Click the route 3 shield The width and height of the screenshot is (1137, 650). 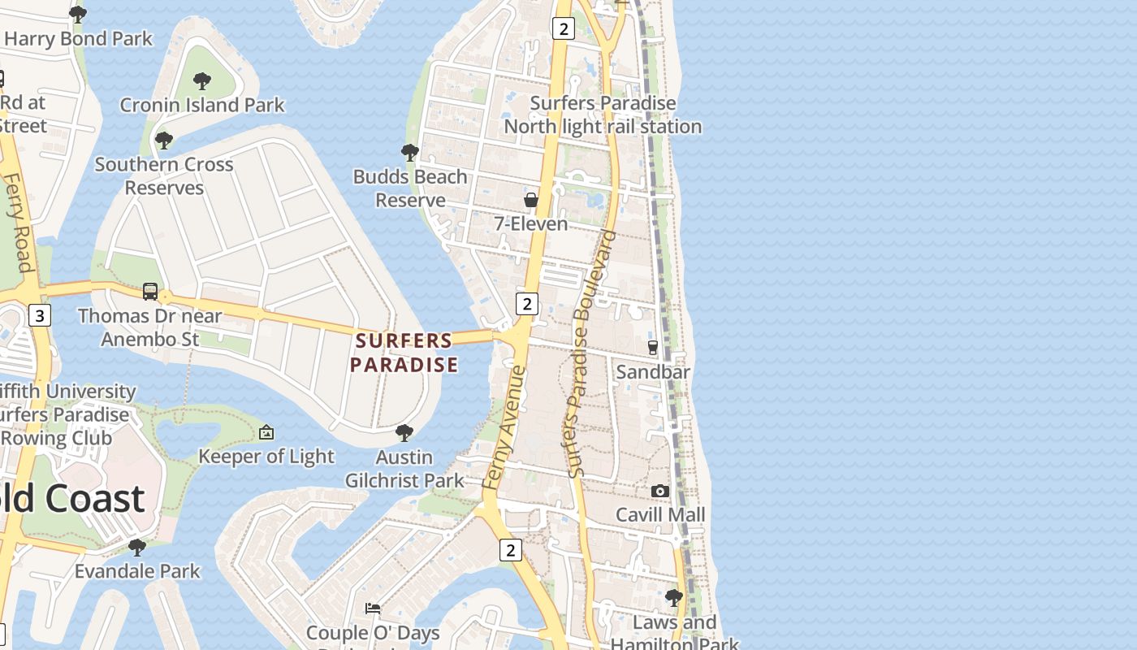point(39,314)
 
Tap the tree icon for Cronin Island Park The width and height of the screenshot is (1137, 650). point(202,81)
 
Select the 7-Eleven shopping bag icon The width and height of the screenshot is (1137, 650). point(531,200)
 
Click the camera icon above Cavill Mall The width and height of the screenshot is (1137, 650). point(660,491)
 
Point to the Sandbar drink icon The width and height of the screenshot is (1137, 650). point(652,348)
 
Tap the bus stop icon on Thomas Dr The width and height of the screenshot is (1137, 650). point(150,292)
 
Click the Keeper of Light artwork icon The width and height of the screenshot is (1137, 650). point(266,433)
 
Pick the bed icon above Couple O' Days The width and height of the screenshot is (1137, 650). point(373,608)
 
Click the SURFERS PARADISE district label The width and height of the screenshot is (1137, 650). point(404,353)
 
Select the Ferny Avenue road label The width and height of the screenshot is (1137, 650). point(505,427)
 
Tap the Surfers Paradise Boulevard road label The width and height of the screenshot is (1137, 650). point(590,354)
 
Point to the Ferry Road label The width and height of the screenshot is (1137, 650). point(19,221)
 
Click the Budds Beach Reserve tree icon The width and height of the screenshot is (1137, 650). point(410,152)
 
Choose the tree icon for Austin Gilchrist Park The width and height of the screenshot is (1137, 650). point(404,433)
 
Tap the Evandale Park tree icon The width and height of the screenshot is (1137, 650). point(137,547)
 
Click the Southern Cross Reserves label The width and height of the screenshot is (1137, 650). point(164,175)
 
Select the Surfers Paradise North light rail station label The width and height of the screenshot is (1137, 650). point(603,115)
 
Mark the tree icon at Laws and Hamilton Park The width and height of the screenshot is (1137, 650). point(673,599)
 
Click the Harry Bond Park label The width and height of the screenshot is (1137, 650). point(78,38)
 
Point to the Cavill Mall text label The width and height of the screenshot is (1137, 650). point(660,514)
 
